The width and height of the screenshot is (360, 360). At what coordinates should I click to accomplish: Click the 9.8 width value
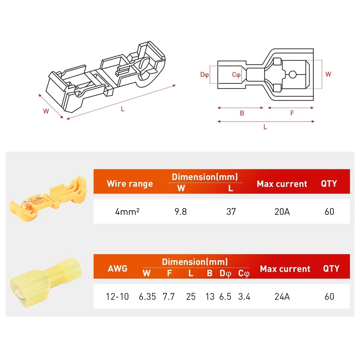click(x=181, y=211)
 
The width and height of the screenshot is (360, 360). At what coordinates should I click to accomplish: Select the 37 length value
click(x=231, y=211)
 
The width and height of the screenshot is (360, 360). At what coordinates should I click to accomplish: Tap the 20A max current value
click(x=282, y=211)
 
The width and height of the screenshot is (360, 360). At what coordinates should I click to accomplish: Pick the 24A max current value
click(x=282, y=297)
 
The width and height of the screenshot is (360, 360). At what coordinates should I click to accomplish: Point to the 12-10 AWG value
click(x=117, y=297)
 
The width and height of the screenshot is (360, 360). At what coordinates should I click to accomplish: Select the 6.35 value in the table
click(x=147, y=297)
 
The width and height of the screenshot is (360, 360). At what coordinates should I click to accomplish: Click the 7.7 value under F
click(x=169, y=297)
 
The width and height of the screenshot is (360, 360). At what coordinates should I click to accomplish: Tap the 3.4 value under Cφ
click(x=244, y=297)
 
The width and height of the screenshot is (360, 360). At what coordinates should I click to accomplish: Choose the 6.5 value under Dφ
click(x=225, y=297)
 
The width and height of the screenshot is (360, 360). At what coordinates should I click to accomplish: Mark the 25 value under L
click(x=191, y=297)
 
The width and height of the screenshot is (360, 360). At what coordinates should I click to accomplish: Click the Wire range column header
click(x=130, y=184)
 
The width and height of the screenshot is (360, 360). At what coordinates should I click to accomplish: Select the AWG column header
click(x=117, y=268)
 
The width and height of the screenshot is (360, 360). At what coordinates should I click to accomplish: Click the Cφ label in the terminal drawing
click(x=236, y=75)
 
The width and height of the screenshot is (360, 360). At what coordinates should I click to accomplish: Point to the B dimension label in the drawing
click(x=242, y=113)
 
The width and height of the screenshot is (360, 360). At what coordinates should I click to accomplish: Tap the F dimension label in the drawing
click(x=292, y=113)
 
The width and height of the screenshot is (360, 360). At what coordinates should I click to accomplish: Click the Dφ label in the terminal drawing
click(x=204, y=75)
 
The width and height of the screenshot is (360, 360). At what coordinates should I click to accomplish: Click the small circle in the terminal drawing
click(x=292, y=74)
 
